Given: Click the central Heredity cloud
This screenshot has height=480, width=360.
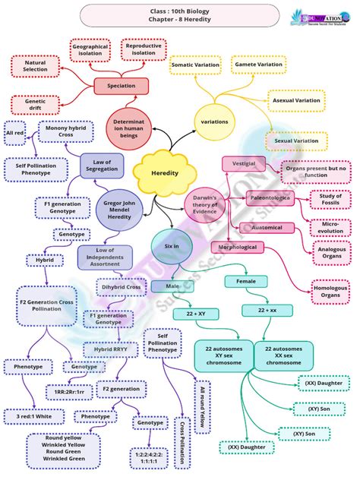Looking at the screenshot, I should (x=165, y=173).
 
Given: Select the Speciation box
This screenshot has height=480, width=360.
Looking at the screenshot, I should (x=122, y=86).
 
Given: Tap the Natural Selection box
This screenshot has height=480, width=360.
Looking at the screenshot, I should (x=36, y=66).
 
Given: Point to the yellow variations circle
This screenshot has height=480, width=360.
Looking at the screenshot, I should (x=214, y=122).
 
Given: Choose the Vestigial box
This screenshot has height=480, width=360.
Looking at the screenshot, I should (x=243, y=163).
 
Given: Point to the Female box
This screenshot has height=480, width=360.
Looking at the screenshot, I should (x=245, y=281).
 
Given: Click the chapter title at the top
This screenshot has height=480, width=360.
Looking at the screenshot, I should (x=180, y=14).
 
